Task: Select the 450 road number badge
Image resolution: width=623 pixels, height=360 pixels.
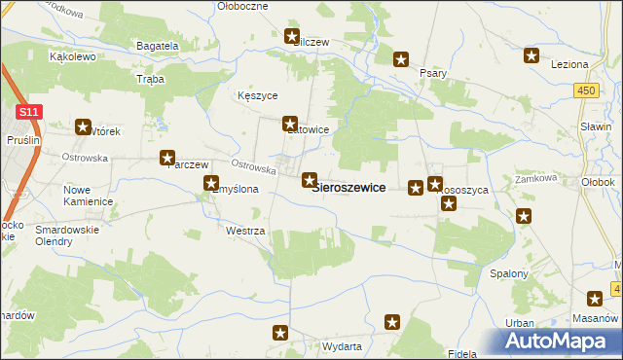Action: click(x=585, y=90)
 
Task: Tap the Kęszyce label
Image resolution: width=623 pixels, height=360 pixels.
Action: click(x=258, y=96)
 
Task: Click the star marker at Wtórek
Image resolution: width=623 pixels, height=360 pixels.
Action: click(x=83, y=126)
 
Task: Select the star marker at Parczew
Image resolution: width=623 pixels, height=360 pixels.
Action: click(x=167, y=158)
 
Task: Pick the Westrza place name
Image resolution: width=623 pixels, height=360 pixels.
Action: click(x=244, y=232)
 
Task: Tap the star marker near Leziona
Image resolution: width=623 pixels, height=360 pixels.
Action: click(x=531, y=55)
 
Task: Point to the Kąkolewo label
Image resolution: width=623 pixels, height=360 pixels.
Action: click(x=71, y=56)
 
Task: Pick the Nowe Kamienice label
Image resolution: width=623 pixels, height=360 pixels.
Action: click(x=88, y=195)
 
